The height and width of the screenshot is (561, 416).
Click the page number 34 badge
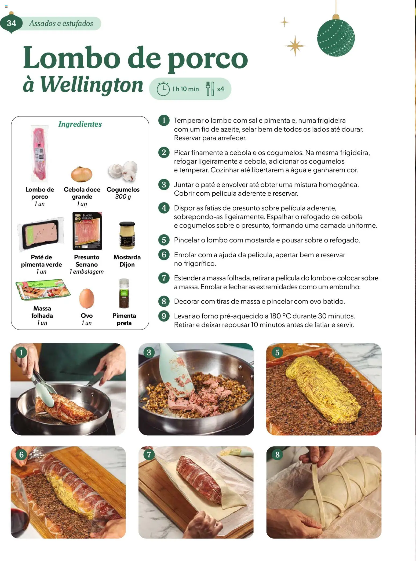(11, 23)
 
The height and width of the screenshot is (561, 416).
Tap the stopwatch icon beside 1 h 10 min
(163, 89)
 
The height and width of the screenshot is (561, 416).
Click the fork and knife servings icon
(210, 89)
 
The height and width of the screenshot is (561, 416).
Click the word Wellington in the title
(92, 85)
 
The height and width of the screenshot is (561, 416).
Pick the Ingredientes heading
(80, 124)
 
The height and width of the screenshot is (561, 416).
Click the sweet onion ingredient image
(82, 174)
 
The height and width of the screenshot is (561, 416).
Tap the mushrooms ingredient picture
(123, 171)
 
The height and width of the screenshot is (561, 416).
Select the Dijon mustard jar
(127, 235)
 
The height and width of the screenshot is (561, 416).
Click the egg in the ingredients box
(87, 298)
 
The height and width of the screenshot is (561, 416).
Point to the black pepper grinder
(124, 294)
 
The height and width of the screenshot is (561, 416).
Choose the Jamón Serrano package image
(87, 231)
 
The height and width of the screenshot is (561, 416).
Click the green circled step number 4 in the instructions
(164, 208)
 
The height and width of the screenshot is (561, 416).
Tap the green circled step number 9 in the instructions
(164, 316)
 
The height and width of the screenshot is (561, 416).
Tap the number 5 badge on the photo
(277, 353)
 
